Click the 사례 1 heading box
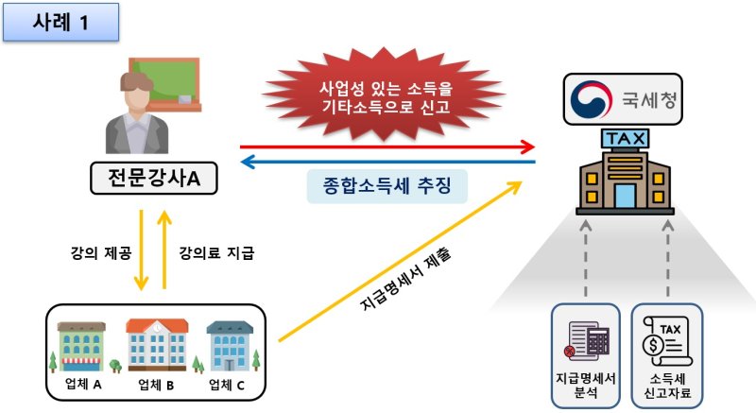pos(60,23)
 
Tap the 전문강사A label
pos(152,177)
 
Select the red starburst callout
pos(384,95)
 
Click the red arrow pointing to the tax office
pos(387,147)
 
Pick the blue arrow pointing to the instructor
pos(387,163)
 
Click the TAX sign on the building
pos(626,141)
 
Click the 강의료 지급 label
pos(216,252)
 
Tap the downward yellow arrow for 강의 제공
pos(140,250)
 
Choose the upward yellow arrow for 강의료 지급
pos(164,250)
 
